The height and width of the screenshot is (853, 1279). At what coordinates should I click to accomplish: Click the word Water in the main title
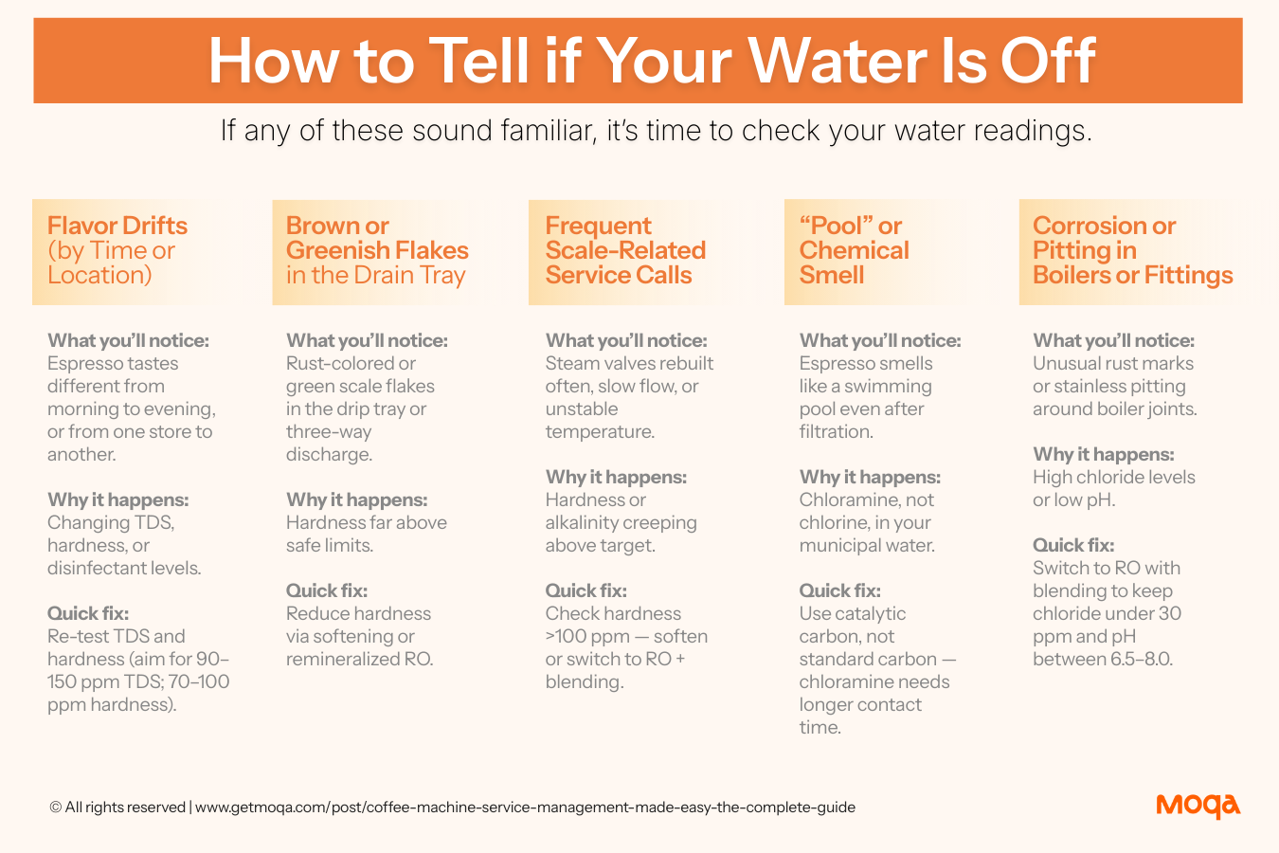coord(838,62)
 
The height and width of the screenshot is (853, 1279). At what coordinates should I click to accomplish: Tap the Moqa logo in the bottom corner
coord(1198,807)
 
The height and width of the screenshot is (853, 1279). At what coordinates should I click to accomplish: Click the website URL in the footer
coord(525,808)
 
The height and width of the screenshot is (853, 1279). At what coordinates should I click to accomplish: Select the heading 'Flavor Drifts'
coord(117,226)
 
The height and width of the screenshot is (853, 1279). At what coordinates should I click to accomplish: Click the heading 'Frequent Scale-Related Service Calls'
coord(625,250)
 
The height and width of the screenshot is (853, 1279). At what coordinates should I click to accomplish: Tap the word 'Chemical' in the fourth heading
coord(854,250)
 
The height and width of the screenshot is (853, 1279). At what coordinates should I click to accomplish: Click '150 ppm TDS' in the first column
coord(104,681)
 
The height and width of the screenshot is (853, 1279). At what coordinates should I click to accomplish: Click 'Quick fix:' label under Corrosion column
coord(1073,546)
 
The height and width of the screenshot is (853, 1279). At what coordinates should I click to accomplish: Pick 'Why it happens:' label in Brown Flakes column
coord(357,499)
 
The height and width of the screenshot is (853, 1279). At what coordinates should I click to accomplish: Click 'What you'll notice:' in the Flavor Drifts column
coord(129,340)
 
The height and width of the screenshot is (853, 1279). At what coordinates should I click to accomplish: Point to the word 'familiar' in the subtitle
coord(549,130)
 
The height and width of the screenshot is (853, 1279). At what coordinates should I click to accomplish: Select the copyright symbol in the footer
coord(55,808)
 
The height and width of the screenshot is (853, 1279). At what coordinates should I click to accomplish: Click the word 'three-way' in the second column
coord(329,432)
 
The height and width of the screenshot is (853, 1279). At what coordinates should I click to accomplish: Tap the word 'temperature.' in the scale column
coord(600,432)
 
